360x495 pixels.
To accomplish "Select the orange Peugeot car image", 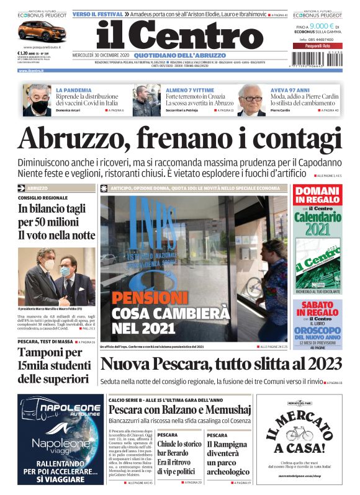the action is [x=38, y=31].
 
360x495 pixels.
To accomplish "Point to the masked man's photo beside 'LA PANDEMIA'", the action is [x=37, y=99].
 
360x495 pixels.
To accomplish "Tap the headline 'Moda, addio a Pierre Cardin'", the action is [x=305, y=97].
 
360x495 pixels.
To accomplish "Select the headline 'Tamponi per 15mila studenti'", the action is [x=53, y=366].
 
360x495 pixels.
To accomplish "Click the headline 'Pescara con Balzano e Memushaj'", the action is [x=180, y=411].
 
